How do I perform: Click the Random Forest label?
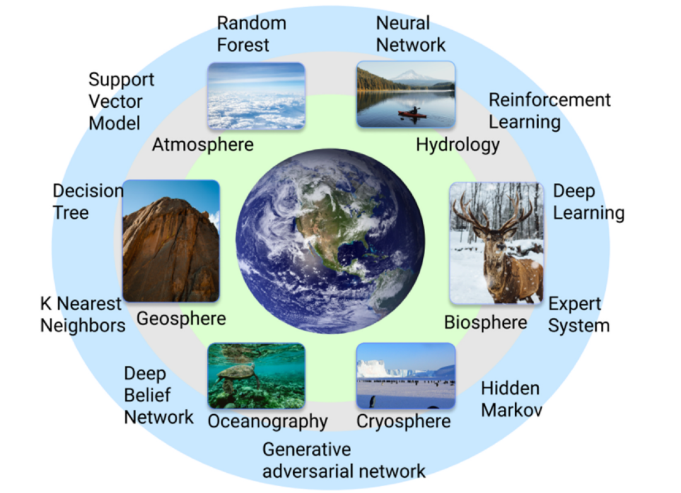(252, 34)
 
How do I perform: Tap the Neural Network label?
(410, 34)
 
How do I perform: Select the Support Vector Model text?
(120, 101)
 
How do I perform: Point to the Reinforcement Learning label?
(549, 110)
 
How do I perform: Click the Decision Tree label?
(88, 202)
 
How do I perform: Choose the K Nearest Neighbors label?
(82, 314)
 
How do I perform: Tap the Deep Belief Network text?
(158, 395)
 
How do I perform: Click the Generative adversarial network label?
(344, 460)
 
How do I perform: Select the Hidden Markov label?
(511, 398)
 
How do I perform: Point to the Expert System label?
(578, 314)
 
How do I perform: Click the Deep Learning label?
(588, 202)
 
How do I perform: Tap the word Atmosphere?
(202, 144)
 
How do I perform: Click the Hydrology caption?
(457, 144)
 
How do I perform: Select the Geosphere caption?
(181, 318)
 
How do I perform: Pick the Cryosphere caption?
(404, 420)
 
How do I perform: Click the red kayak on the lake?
(412, 113)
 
